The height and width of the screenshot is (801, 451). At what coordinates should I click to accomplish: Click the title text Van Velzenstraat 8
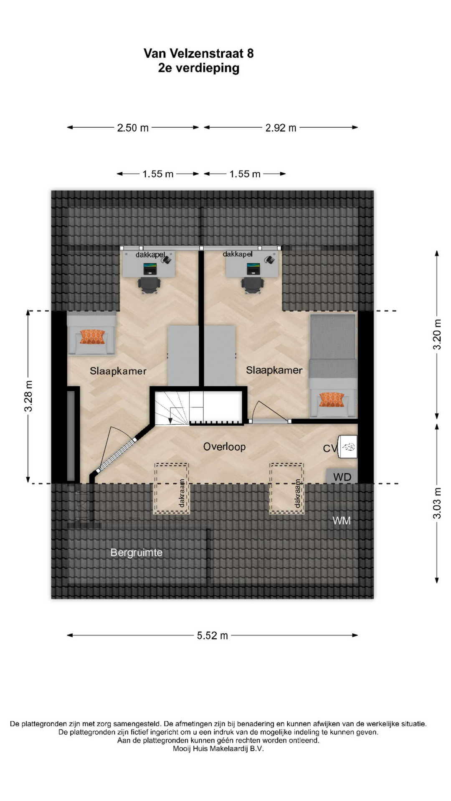(x=198, y=53)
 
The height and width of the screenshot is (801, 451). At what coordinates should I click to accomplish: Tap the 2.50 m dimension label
(x=133, y=128)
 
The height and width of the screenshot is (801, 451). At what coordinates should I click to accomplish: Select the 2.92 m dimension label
(x=281, y=128)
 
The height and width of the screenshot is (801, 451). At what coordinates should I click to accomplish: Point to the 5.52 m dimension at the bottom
(x=213, y=635)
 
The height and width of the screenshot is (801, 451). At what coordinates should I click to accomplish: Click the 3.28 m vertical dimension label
(x=28, y=396)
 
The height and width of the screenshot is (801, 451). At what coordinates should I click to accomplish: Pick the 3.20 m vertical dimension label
(x=437, y=335)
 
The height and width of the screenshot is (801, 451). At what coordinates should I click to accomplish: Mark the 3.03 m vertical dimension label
(x=437, y=503)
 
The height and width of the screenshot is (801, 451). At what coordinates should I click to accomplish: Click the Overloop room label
(x=224, y=447)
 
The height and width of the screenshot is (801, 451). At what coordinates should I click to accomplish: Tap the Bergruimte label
(x=136, y=553)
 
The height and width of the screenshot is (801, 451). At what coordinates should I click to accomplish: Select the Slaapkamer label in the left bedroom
(x=118, y=371)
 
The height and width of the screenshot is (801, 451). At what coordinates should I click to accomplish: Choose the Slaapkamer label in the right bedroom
(x=274, y=370)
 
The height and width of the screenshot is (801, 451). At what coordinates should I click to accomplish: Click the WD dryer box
(x=342, y=476)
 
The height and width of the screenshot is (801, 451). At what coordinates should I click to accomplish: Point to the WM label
(x=342, y=521)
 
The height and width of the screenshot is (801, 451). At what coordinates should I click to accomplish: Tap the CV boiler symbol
(x=348, y=447)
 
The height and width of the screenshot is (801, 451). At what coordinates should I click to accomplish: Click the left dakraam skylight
(x=171, y=488)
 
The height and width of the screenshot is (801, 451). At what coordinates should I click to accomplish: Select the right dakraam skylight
(x=286, y=488)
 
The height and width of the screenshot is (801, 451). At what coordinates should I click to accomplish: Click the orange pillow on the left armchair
(x=92, y=337)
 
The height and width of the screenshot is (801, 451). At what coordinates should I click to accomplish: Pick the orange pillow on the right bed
(x=332, y=399)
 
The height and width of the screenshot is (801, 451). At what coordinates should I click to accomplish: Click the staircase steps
(x=172, y=408)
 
